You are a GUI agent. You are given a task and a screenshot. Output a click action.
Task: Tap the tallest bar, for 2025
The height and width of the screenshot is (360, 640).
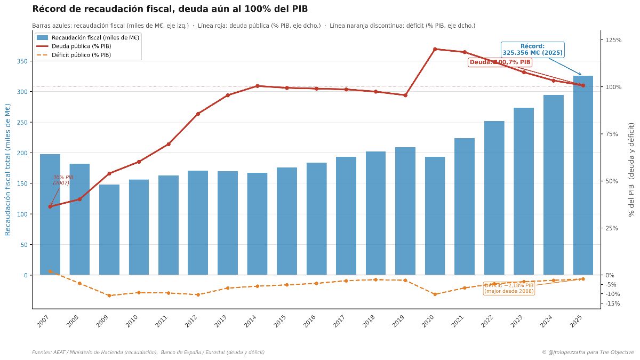click(583, 176)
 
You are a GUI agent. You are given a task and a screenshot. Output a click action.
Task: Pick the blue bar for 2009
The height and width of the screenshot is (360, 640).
click(109, 229)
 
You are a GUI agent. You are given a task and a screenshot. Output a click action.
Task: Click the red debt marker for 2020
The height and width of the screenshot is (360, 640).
click(435, 49)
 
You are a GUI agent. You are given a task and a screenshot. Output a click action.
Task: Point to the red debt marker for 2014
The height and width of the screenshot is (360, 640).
click(257, 86)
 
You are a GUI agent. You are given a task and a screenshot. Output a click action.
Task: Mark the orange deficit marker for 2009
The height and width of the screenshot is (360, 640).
click(109, 295)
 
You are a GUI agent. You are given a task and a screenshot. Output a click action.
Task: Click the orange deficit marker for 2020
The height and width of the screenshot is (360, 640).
click(435, 294)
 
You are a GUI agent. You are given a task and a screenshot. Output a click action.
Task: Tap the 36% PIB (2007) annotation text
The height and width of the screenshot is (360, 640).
click(63, 180)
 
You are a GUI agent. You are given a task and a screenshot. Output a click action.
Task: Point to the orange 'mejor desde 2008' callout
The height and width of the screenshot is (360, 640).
click(509, 289)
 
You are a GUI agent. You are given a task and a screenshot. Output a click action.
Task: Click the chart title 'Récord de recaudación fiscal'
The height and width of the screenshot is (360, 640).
click(170, 9)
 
